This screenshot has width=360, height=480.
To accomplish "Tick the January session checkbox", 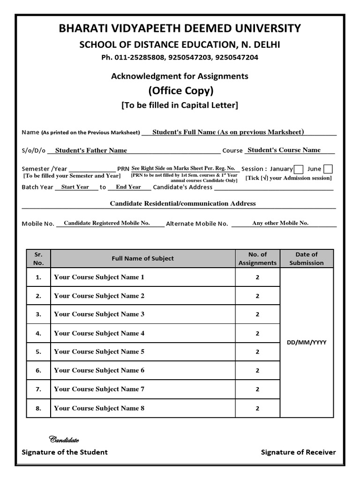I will [299, 169].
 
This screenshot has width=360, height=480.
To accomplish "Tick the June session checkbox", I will [328, 169].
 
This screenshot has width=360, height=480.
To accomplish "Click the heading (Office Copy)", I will [180, 90].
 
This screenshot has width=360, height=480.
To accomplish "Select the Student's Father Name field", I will [91, 150].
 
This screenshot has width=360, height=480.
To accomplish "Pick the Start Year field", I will [75, 187].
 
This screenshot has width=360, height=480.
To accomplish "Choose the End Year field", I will [128, 187].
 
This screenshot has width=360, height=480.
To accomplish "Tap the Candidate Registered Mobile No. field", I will [107, 223].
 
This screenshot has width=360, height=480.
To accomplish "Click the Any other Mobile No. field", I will [280, 223].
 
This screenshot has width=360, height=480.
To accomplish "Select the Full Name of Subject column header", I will [142, 258].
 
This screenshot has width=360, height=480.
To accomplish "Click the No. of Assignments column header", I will [257, 258].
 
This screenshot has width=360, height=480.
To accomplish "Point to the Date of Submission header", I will [307, 258].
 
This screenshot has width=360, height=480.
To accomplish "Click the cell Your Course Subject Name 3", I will [99, 315].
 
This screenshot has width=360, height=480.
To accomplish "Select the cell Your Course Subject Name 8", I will [99, 408].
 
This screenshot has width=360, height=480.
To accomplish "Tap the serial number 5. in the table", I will [38, 352].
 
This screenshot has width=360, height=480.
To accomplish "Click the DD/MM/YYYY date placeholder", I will [307, 343].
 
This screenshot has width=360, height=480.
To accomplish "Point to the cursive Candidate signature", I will [64, 440].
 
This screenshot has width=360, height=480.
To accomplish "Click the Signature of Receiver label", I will [298, 452].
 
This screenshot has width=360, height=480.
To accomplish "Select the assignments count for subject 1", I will [257, 277].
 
